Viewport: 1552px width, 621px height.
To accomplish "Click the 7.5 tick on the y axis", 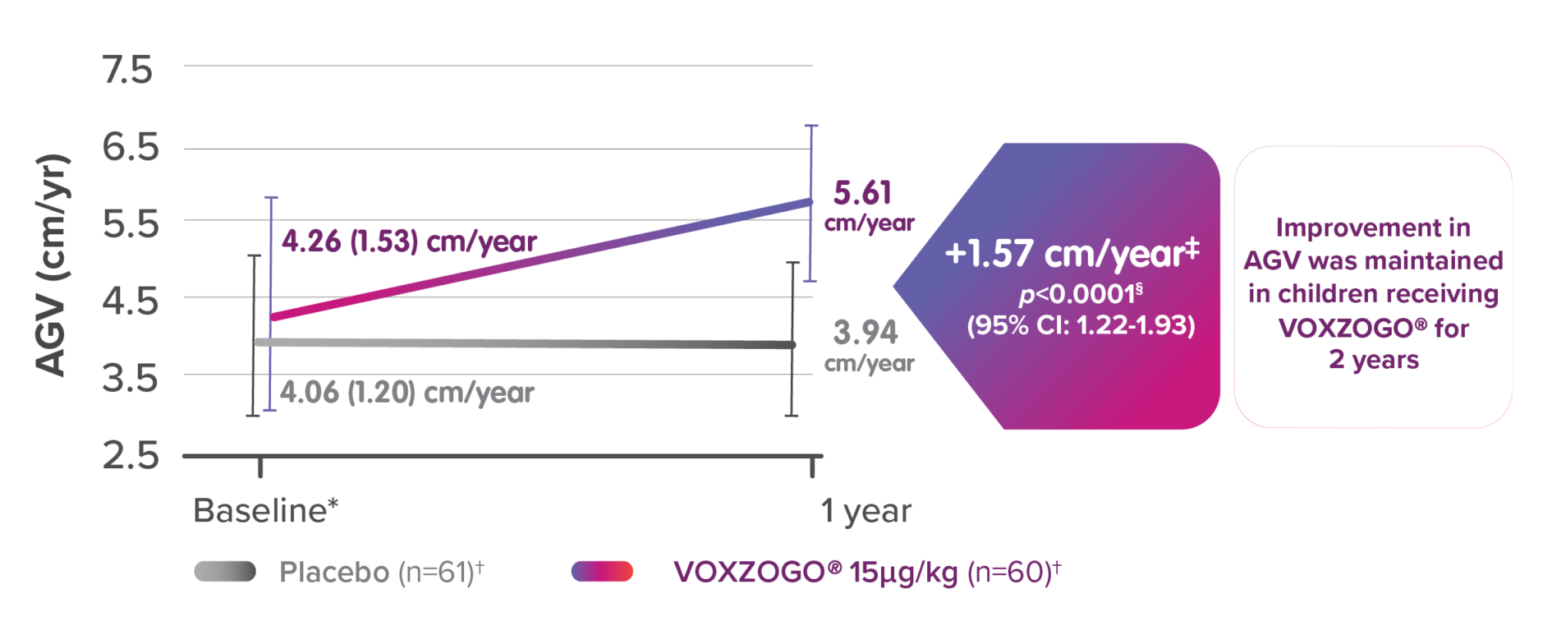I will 128,71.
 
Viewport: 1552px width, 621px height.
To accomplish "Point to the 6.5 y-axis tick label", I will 130,148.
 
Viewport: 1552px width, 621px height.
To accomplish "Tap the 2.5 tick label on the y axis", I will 130,456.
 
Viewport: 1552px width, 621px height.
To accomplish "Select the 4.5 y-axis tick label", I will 130,301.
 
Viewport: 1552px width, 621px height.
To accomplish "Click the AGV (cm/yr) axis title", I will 53,264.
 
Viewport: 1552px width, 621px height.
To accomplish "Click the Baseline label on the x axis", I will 265,511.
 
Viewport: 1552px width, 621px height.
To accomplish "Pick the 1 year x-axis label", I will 866,511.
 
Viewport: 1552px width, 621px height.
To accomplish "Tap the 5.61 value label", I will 862,194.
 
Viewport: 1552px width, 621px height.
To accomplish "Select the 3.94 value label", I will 866,333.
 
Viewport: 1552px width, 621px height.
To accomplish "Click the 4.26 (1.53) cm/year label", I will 409,241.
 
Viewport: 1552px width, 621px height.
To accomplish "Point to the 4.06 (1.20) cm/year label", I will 406,392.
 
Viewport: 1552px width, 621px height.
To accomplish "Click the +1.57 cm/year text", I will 1072,253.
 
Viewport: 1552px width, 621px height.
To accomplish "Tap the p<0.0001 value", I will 1080,293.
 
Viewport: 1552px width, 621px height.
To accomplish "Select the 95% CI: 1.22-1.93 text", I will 1081,325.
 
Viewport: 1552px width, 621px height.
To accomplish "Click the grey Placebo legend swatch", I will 225,572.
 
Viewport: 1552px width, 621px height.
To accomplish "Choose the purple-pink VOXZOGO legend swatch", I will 602,572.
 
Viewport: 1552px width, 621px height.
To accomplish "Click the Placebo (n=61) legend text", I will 381,572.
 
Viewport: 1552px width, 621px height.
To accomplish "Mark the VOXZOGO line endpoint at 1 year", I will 810,201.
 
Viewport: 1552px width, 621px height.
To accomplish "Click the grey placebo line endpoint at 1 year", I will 792,345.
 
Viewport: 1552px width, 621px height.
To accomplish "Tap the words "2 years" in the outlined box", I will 1374,360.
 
